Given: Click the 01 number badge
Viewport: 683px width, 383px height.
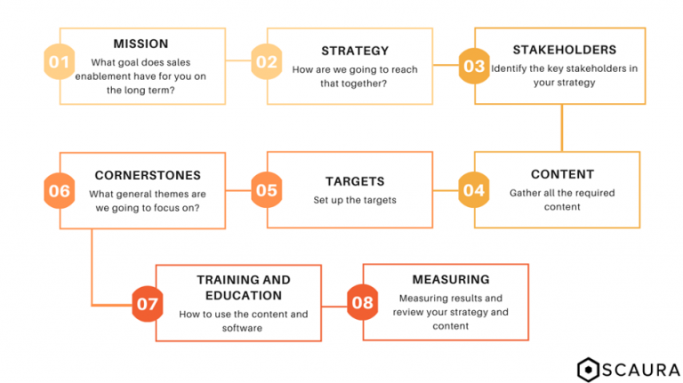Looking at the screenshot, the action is click(60, 62).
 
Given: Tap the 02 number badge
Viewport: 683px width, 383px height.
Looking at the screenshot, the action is click(267, 62).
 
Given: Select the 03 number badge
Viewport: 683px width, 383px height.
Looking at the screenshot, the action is click(474, 66).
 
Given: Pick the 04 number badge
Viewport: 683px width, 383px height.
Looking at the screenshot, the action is click(474, 190).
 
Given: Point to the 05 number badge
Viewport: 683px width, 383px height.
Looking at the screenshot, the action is click(267, 190).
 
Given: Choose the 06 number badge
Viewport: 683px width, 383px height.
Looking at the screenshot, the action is click(60, 191).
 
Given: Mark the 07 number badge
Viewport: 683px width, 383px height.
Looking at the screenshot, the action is click(148, 304).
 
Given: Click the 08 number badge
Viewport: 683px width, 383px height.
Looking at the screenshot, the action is click(363, 302).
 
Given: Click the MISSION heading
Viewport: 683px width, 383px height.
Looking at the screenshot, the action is click(141, 44).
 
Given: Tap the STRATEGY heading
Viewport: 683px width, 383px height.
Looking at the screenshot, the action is click(355, 51).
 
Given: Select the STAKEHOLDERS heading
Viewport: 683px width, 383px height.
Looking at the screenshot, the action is click(565, 50).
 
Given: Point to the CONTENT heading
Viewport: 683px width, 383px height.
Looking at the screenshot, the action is click(562, 174).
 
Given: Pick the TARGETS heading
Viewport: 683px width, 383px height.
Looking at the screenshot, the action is click(355, 181).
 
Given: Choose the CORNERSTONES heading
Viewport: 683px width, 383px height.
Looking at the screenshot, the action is click(148, 175).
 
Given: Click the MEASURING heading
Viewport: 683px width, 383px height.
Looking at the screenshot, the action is click(451, 279).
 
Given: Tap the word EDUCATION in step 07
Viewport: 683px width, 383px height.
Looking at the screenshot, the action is click(244, 296).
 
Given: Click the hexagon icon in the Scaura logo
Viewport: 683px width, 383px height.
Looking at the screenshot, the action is click(588, 370).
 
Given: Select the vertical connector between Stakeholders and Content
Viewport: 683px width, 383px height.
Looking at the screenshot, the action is click(562, 128).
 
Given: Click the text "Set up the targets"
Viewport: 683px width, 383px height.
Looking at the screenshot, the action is click(355, 200).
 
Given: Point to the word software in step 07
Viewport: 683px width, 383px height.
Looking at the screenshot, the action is click(242, 328).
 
